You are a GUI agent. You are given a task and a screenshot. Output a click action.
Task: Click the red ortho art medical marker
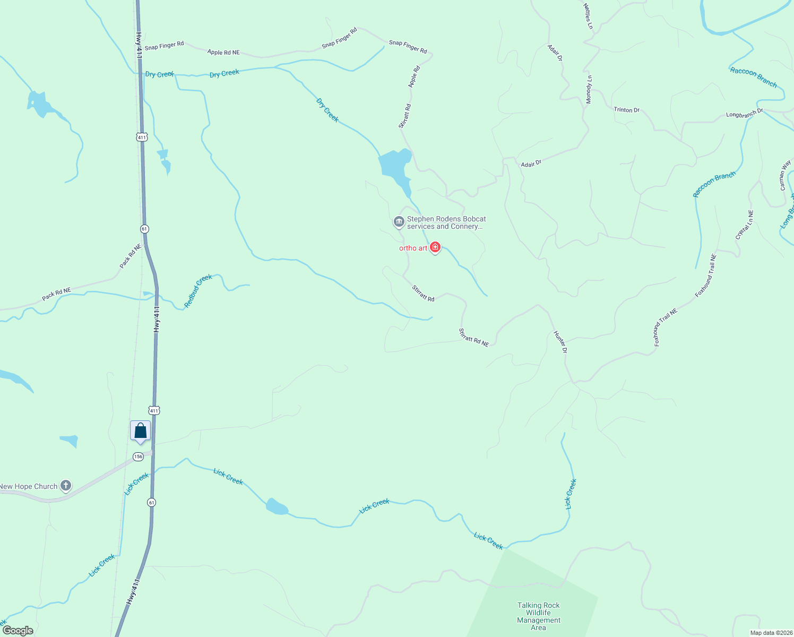pyautogui.click(x=435, y=247)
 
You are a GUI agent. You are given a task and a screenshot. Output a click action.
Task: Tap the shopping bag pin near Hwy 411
pyautogui.click(x=140, y=431)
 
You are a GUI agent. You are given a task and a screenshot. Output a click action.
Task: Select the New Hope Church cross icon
pyautogui.click(x=66, y=485)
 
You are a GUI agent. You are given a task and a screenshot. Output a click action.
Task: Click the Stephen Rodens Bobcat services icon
pyautogui.click(x=399, y=221)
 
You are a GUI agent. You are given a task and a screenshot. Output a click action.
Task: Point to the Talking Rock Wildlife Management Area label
pyautogui.click(x=538, y=616)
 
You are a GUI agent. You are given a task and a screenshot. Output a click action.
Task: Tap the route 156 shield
pyautogui.click(x=138, y=457)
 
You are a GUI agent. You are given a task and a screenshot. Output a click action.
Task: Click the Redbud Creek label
pyautogui.click(x=198, y=291)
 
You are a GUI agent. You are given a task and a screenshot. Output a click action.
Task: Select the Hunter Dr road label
pyautogui.click(x=560, y=342)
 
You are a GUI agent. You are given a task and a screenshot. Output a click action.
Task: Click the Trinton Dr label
pyautogui.click(x=626, y=110)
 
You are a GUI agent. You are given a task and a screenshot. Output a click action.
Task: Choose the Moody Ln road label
pyautogui.click(x=589, y=90)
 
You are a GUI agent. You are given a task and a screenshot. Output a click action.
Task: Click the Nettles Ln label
pyautogui.click(x=588, y=16)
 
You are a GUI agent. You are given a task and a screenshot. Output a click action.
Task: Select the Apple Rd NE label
pyautogui.click(x=223, y=52)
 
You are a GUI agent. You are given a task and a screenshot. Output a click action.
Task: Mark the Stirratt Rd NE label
pyautogui.click(x=473, y=338)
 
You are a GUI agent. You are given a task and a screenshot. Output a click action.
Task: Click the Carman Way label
pyautogui.click(x=785, y=176)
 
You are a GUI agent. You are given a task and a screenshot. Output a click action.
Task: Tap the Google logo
pyautogui.click(x=18, y=631)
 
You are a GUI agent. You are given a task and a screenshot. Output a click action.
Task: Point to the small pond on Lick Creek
pyautogui.click(x=277, y=507)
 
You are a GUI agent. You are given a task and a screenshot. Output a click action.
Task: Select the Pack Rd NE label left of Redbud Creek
pyautogui.click(x=56, y=294)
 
